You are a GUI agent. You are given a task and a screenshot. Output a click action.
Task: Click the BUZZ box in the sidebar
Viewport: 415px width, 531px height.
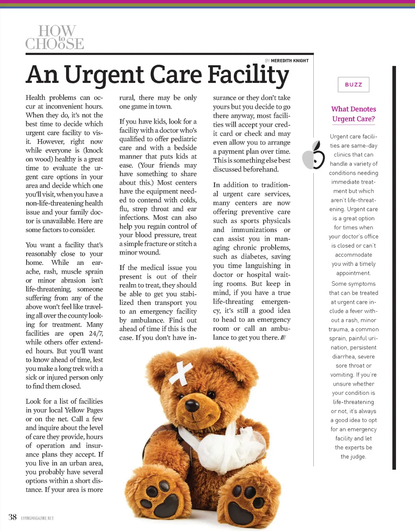click(x=353, y=85)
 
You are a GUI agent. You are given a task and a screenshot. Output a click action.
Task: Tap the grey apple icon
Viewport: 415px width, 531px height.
click(x=314, y=155)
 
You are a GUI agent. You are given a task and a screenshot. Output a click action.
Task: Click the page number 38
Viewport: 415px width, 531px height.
click(x=13, y=517)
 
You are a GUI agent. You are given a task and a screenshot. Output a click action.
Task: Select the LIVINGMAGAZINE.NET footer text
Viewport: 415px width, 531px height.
click(x=37, y=518)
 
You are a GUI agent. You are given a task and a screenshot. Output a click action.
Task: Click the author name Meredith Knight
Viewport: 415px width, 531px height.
click(x=289, y=61)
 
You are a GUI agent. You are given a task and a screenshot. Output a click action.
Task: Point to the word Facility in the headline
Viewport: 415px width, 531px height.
click(x=248, y=75)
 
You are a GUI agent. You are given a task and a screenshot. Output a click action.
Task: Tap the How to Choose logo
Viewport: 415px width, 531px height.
click(x=55, y=38)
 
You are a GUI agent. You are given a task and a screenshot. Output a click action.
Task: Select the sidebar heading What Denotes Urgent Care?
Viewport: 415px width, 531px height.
click(x=353, y=114)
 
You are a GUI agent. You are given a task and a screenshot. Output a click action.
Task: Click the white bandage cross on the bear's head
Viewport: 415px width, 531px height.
click(x=181, y=373)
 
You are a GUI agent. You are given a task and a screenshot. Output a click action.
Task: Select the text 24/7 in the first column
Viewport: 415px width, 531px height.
click(x=96, y=333)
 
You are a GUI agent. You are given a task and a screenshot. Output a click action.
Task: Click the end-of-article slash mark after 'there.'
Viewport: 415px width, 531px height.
click(x=283, y=338)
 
